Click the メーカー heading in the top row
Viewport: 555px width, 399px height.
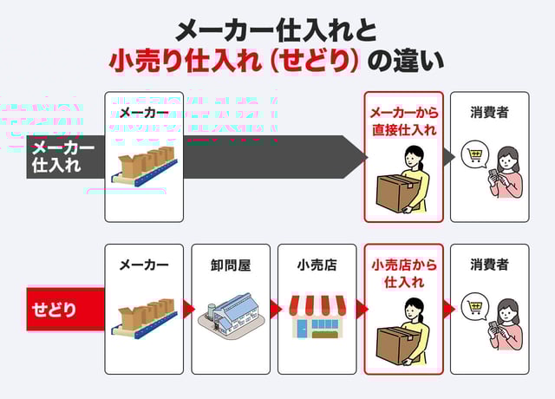click(144, 113)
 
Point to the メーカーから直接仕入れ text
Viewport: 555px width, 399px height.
click(403, 122)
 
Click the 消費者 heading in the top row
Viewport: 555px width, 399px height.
click(489, 113)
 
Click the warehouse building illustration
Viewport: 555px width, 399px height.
click(231, 320)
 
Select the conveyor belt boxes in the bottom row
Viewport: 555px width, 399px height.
click(144, 320)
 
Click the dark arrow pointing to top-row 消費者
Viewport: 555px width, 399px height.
click(448, 157)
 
